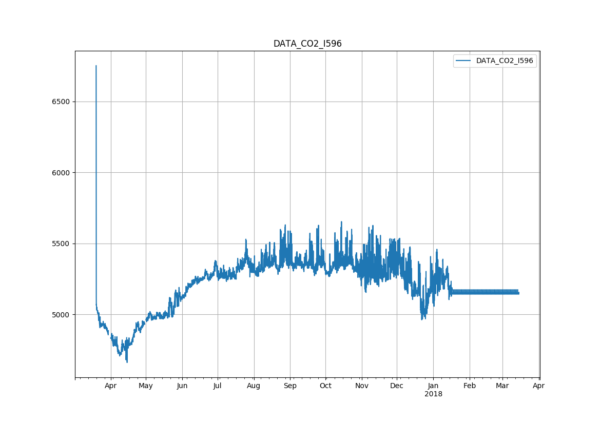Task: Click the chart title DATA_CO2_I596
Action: pyautogui.click(x=307, y=44)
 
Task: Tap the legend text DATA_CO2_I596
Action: pyautogui.click(x=505, y=60)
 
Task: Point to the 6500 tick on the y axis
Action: pyautogui.click(x=61, y=102)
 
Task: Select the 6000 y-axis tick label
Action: pyautogui.click(x=61, y=173)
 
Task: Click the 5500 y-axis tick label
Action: pyautogui.click(x=61, y=244)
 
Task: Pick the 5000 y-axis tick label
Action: pyautogui.click(x=61, y=315)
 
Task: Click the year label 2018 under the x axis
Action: pyautogui.click(x=433, y=394)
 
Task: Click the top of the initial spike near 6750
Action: pyautogui.click(x=96, y=66)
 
